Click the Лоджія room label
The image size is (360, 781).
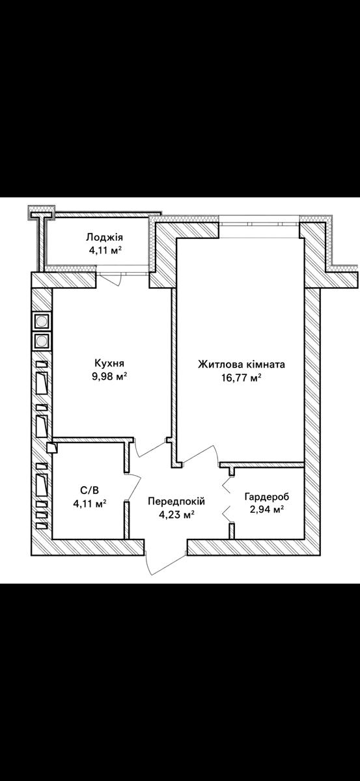(105, 238)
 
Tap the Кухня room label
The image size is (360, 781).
(109, 363)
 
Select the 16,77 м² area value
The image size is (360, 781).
(242, 378)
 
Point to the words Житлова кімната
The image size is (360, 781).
(242, 364)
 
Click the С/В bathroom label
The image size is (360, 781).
(90, 491)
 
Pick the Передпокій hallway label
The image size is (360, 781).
(176, 502)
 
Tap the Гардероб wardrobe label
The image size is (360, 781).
(267, 497)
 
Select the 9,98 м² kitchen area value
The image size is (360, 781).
(109, 377)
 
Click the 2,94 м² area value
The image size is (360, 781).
(267, 510)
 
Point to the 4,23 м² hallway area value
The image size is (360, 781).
(176, 515)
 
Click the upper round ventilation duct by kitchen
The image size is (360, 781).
(42, 321)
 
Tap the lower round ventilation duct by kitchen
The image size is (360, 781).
(42, 341)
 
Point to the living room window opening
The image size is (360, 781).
(259, 226)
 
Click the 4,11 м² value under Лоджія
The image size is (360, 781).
(105, 251)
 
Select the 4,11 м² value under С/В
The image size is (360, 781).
(90, 504)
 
